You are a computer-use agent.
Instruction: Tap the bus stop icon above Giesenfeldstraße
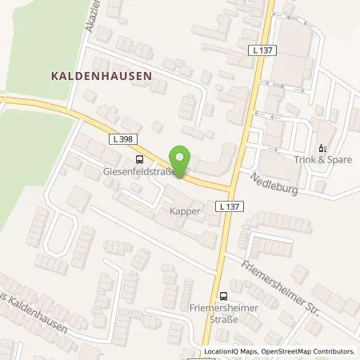pos(140,158)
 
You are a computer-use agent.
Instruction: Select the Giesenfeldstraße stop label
pos(139,170)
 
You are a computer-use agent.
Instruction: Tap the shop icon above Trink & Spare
pos(323,148)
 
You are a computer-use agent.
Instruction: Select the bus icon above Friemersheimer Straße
pos(224,294)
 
